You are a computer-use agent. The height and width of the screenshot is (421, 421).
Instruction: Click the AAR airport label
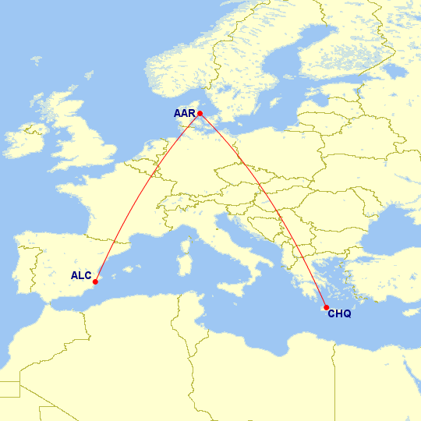click(x=185, y=114)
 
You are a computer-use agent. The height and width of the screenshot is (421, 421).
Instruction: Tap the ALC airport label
click(x=81, y=275)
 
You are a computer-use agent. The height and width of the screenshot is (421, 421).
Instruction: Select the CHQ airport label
click(x=339, y=314)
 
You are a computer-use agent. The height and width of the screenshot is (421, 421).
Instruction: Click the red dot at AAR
click(x=200, y=114)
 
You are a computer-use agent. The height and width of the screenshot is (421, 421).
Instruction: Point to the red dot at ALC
click(x=95, y=282)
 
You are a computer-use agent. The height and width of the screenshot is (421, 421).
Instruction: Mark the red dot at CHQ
click(x=325, y=307)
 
